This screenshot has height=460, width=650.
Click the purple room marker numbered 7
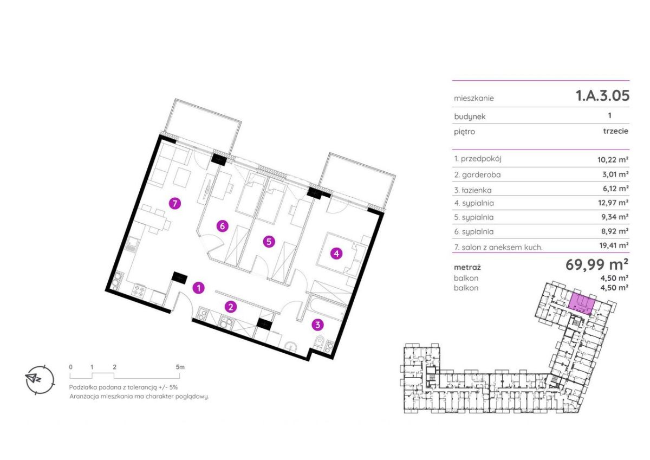(x=174, y=203)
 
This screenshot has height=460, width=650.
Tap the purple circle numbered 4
(x=336, y=254)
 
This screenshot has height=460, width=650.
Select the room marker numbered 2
(x=231, y=307)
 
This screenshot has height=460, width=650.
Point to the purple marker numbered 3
(x=317, y=325)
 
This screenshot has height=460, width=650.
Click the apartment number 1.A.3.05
(x=602, y=95)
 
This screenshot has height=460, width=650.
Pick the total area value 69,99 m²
(x=597, y=264)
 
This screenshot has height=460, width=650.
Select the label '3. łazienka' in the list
(x=473, y=190)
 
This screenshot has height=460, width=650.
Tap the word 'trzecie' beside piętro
(x=616, y=131)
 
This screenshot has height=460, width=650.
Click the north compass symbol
(x=40, y=380)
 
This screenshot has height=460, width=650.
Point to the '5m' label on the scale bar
(x=180, y=367)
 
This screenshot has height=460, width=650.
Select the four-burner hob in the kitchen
(x=139, y=290)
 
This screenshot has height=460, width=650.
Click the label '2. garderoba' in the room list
(x=477, y=175)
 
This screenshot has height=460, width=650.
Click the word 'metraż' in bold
(x=467, y=267)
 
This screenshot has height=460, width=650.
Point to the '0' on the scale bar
(x=70, y=367)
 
